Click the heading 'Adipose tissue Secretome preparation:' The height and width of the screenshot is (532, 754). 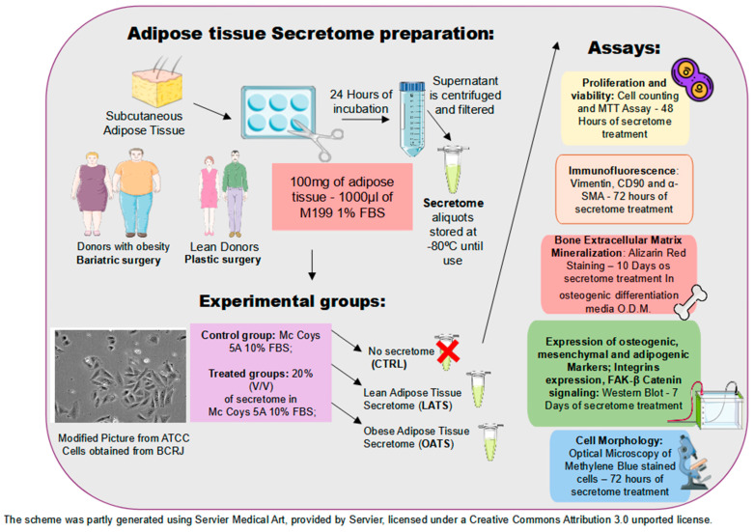point(311,34)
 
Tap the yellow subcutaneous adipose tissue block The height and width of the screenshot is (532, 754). point(157,87)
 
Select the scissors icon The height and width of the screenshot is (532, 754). point(318,139)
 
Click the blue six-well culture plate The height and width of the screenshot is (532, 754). point(277,112)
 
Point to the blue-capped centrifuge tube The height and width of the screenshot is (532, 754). point(412,119)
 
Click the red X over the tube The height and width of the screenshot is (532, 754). point(448,351)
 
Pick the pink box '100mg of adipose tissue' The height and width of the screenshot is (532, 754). point(343,197)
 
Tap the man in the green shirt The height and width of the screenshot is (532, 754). point(235,193)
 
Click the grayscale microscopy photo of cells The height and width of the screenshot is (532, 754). point(120,376)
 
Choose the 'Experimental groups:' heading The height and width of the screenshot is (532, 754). point(293,301)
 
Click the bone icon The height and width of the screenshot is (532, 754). point(690,302)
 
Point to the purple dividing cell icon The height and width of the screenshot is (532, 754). point(692,79)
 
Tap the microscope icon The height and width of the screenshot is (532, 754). point(691,462)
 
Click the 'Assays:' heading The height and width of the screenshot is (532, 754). point(624,47)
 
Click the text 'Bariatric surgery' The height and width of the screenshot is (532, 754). point(119,261)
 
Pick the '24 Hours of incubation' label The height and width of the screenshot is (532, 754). point(361,101)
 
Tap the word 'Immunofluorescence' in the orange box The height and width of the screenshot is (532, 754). point(623,171)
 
